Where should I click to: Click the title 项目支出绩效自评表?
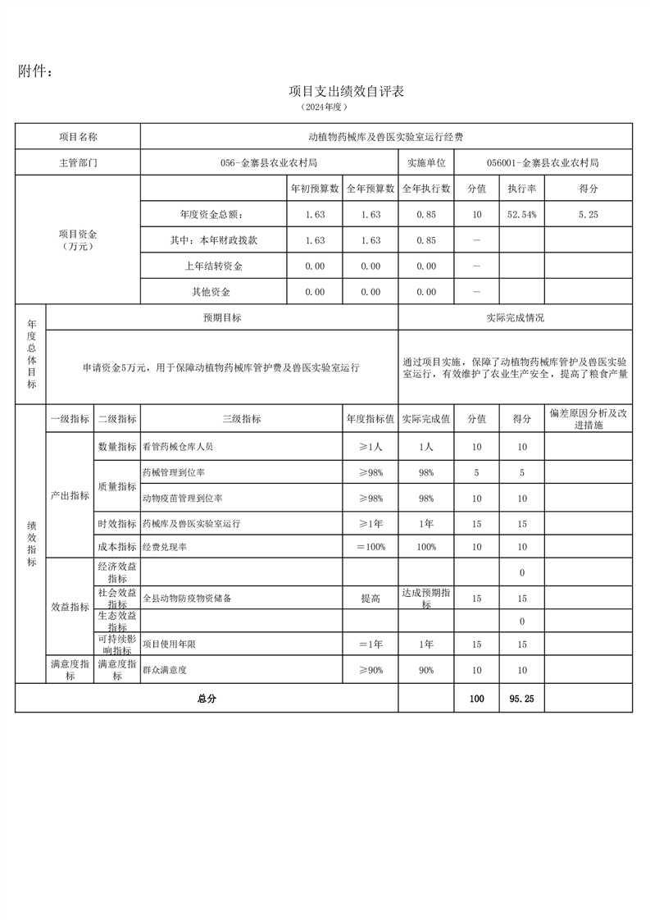coord(347,91)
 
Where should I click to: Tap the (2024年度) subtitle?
coord(325,107)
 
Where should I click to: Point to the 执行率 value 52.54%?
coord(522,215)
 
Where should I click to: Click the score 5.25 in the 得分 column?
coord(588,215)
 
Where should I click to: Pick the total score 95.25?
coord(521,699)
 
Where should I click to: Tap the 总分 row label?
coord(207,699)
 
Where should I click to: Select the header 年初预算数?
coord(315,189)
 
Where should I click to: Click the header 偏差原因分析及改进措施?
coord(588,419)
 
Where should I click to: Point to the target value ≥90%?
coord(370,671)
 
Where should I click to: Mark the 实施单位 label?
coord(425,163)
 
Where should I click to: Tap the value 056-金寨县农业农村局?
coord(269,163)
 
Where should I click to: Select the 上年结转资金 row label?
coord(213,266)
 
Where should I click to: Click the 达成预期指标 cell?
coord(425,599)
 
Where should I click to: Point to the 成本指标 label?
coord(117,547)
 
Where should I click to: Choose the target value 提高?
coord(370,599)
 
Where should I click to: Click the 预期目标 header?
coord(222,317)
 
